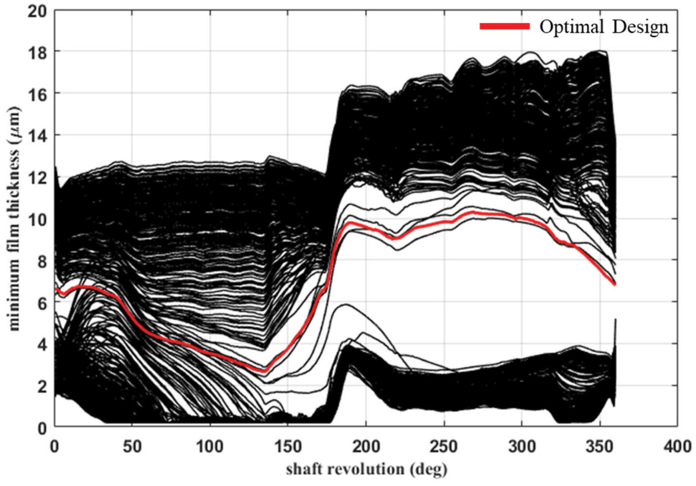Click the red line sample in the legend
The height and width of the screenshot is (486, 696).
tap(504, 26)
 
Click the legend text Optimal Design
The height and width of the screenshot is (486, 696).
tap(603, 27)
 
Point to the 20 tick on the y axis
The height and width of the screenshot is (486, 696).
tap(39, 10)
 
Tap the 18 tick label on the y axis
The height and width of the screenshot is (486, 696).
tap(39, 52)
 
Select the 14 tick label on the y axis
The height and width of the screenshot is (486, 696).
tap(39, 135)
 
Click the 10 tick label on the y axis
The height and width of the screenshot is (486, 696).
tap(39, 219)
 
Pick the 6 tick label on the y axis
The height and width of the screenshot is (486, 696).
tap(43, 302)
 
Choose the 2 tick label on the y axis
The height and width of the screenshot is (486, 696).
tap(43, 385)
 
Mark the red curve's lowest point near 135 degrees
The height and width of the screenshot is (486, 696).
tap(264, 371)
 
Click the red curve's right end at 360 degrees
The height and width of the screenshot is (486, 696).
tap(614, 284)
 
